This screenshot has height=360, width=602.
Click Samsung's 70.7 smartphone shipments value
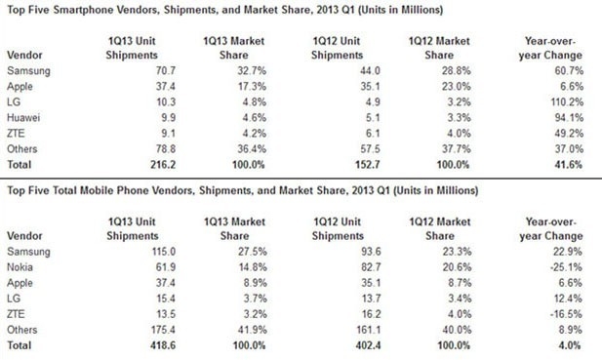166,70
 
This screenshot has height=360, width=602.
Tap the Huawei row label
23,117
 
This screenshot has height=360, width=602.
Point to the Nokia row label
20,267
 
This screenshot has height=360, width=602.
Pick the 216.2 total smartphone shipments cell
163,165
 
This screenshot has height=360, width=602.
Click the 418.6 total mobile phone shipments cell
163,345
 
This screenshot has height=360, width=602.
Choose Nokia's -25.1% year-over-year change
566,267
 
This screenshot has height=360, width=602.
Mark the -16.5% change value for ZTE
566,314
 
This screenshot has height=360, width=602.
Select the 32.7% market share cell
252,70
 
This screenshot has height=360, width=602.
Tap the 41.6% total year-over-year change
569,165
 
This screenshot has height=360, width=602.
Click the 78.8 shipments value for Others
166,149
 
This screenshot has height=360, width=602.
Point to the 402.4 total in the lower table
368,345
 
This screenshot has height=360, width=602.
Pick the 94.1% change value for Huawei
569,117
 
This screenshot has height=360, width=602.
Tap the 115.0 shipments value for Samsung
163,252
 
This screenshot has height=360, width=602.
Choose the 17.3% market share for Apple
252,87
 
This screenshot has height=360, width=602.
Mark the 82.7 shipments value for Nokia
371,267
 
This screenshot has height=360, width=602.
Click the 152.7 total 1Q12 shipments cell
368,165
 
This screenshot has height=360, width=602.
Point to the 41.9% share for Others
253,330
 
